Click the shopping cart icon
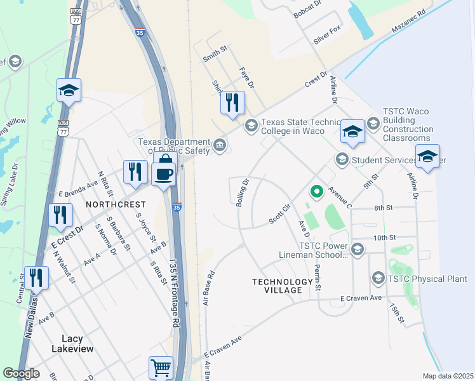click(x=161, y=367)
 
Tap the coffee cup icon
click(x=163, y=173)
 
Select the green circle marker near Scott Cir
click(x=316, y=190)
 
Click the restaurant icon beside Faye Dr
click(x=232, y=102)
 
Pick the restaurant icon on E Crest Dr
click(x=60, y=215)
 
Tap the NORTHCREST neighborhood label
click(x=116, y=204)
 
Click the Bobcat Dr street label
click(x=308, y=13)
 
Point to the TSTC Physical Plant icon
click(x=378, y=278)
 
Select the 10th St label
click(x=384, y=237)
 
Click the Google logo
click(x=21, y=373)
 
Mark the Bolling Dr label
click(x=243, y=191)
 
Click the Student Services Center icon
click(x=342, y=159)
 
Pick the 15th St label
click(x=397, y=312)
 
